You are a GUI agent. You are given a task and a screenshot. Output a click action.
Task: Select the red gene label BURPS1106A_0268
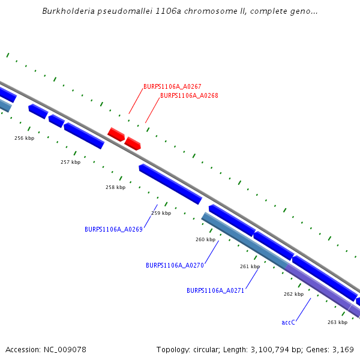pyautogui.click(x=189, y=95)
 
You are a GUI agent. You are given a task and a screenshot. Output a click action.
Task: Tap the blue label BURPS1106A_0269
pyautogui.click(x=113, y=229)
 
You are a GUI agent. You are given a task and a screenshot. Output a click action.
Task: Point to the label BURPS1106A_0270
pyautogui.click(x=175, y=265)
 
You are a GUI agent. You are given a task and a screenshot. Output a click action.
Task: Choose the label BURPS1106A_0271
pyautogui.click(x=215, y=290)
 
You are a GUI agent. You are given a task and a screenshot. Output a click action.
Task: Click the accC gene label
pyautogui.click(x=289, y=322)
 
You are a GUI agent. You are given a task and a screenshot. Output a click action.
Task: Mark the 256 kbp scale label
pyautogui.click(x=24, y=138)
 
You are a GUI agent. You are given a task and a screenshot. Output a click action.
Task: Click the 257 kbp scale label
pyautogui.click(x=70, y=162)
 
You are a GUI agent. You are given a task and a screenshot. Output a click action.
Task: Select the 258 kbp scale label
pyautogui.click(x=115, y=187)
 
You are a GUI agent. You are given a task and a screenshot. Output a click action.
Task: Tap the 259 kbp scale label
pyautogui.click(x=161, y=213)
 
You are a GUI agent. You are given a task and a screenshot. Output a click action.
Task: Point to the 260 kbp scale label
pyautogui.click(x=205, y=239)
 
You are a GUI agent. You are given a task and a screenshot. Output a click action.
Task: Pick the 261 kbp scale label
pyautogui.click(x=250, y=266)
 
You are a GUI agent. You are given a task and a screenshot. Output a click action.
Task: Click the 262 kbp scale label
pyautogui.click(x=293, y=294)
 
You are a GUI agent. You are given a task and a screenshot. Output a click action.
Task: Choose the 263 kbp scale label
pyautogui.click(x=337, y=322)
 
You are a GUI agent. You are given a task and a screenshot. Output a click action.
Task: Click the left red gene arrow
pyautogui.click(x=116, y=134)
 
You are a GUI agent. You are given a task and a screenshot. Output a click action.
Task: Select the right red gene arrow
pyautogui.click(x=133, y=143)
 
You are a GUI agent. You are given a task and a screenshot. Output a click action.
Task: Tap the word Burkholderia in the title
pyautogui.click(x=65, y=11)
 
